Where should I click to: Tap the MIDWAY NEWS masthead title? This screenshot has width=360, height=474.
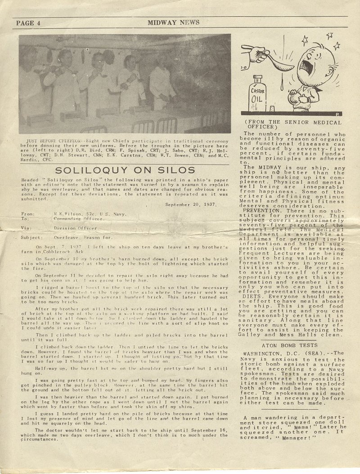173,22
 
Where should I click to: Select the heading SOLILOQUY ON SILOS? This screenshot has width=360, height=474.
125,170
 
